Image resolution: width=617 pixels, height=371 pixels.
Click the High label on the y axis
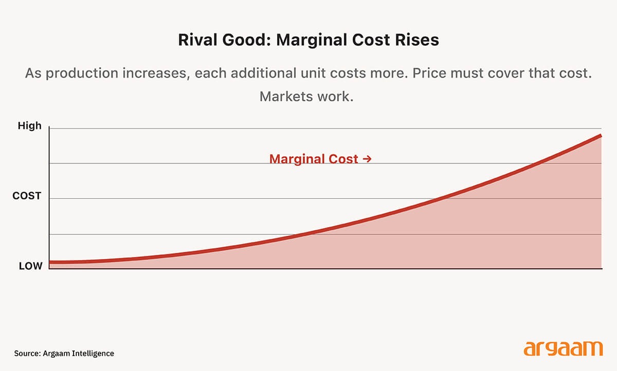pyautogui.click(x=29, y=126)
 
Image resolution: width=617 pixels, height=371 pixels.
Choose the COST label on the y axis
pyautogui.click(x=27, y=196)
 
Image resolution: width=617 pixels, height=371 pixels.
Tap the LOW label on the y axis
pyautogui.click(x=30, y=266)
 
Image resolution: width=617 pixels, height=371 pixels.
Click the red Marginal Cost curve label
pyautogui.click(x=314, y=159)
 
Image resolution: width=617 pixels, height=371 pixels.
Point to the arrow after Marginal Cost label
pyautogui.click(x=367, y=159)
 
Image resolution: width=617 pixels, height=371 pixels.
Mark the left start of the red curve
pyautogui.click(x=51, y=263)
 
